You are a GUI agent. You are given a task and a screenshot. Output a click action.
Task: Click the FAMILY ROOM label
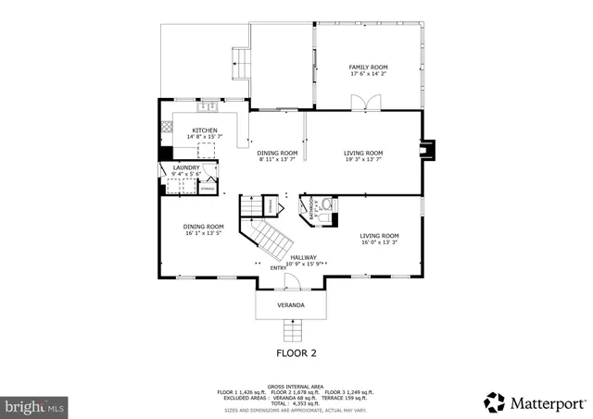(x=368, y=68)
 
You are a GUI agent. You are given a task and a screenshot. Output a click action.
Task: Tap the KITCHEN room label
(x=205, y=130)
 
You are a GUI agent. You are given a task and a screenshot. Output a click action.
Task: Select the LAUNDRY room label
(x=185, y=167)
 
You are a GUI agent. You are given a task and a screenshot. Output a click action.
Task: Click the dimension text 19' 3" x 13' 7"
(x=363, y=160)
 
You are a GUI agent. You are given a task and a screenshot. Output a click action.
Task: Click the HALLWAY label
(x=304, y=257)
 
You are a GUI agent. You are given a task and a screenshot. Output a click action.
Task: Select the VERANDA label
(x=291, y=304)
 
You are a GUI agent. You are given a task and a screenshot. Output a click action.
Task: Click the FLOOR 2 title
(x=296, y=353)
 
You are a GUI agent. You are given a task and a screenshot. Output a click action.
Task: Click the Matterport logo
(x=535, y=402)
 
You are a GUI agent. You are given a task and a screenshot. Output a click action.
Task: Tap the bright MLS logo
(x=34, y=405)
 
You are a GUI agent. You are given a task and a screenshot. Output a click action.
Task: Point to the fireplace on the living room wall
(x=426, y=150)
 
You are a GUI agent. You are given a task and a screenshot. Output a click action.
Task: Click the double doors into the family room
(x=372, y=103)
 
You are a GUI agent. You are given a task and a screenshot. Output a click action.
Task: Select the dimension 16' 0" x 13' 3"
(x=380, y=243)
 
